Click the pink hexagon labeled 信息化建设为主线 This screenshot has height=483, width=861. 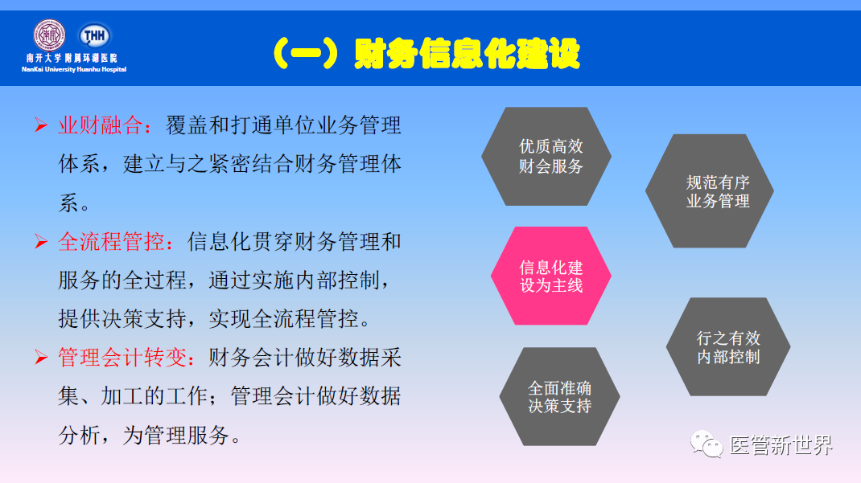(x=551, y=276)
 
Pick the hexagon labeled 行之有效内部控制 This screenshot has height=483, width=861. (x=728, y=347)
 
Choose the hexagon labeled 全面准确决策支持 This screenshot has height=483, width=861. (x=559, y=397)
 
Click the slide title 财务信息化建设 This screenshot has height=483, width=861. (x=467, y=54)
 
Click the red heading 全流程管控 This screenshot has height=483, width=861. (x=122, y=241)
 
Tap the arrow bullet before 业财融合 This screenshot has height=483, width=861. (x=40, y=125)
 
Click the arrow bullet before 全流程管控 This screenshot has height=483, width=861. (x=40, y=241)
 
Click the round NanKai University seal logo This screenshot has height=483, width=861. (x=48, y=35)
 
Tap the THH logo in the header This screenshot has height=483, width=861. (x=94, y=35)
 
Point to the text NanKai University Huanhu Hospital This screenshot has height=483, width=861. (x=74, y=69)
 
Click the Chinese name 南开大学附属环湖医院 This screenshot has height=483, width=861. (x=72, y=59)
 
